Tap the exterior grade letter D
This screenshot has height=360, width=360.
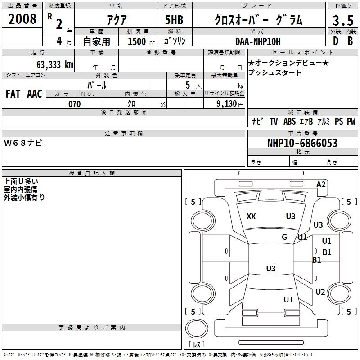pos(335,41)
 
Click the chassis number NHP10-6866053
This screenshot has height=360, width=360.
pos(302,143)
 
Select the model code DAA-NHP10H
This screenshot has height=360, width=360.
pos(257,41)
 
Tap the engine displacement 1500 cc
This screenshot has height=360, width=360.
pos(138,41)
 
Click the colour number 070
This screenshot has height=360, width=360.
pos(74,104)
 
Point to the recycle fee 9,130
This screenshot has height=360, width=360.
pos(226,104)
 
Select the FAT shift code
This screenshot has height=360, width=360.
pos(13,94)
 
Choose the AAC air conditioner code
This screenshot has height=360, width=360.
pos(35,94)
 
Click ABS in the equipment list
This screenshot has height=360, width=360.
pos(289,121)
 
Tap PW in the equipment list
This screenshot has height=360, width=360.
pos(351,121)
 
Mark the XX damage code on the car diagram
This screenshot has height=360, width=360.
pos(251,216)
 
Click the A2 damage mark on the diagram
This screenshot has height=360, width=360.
pos(321,184)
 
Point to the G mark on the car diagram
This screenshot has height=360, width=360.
pos(284,237)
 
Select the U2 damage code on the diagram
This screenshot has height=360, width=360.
pos(320,292)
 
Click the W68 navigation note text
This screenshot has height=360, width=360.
pos(23,143)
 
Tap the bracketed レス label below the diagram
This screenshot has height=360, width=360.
pos(196,345)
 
